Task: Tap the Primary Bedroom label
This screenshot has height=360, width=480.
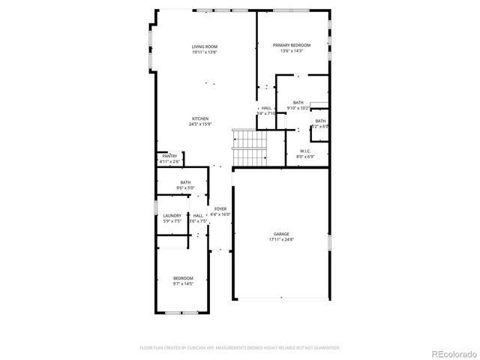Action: (x=291, y=46)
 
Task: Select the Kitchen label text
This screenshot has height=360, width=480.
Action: (x=200, y=119)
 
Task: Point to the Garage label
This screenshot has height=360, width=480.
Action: (x=280, y=234)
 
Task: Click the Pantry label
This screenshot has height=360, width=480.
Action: (x=169, y=156)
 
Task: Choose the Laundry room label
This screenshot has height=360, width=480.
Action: (x=172, y=216)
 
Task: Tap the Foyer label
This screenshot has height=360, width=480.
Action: (x=220, y=209)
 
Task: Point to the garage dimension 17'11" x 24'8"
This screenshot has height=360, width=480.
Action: (x=280, y=240)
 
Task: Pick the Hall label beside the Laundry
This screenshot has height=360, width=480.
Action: (x=196, y=216)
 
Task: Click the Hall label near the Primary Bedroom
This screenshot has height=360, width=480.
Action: (x=266, y=108)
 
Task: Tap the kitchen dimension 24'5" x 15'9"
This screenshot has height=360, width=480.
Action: (x=200, y=125)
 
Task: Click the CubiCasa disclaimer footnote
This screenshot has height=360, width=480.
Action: (x=240, y=347)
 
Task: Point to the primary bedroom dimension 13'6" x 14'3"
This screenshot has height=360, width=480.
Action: (x=291, y=52)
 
